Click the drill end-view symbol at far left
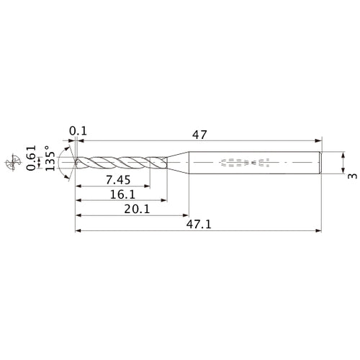pos(12,163)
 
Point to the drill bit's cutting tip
pos(75,163)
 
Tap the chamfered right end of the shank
pos(319,163)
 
